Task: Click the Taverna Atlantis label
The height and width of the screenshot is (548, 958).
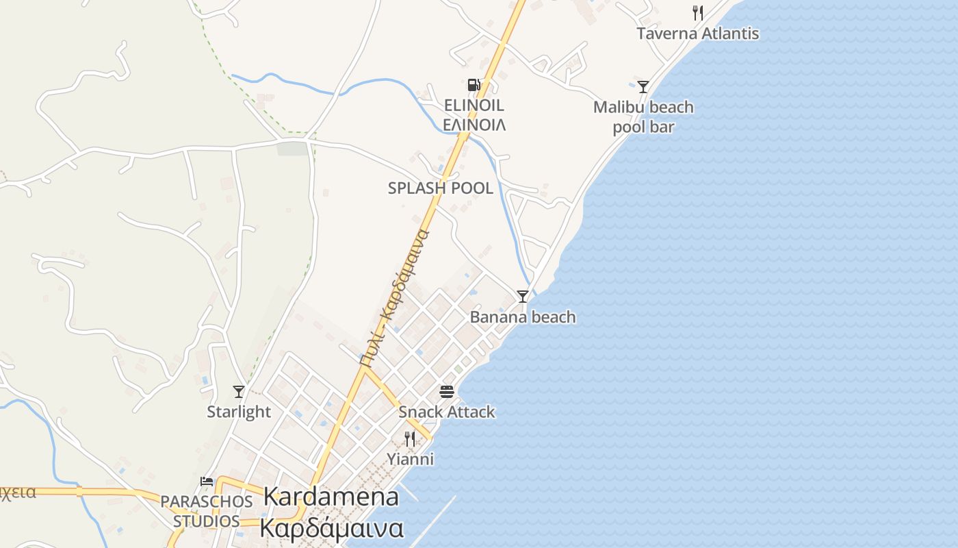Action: (x=697, y=34)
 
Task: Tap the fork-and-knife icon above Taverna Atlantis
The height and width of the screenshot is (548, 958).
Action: (x=697, y=12)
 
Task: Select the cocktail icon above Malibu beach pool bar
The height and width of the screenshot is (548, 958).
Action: (x=643, y=86)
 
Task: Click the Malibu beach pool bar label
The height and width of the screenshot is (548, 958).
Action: (x=643, y=117)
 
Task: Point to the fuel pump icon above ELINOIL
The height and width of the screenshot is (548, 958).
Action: (x=474, y=85)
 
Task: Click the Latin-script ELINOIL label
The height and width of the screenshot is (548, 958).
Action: (x=474, y=105)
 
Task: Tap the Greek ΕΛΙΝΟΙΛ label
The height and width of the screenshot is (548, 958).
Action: (x=474, y=125)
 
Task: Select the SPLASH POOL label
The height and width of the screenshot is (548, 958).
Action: (x=440, y=188)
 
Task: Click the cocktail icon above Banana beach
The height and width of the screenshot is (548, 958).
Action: (x=523, y=296)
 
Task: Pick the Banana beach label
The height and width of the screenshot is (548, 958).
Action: (x=523, y=317)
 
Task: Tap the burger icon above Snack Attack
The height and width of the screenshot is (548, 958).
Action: (x=447, y=392)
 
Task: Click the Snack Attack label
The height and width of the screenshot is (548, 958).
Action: (x=447, y=412)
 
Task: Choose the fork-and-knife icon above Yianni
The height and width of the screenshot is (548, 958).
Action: (x=410, y=438)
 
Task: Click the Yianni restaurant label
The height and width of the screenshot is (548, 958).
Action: (x=410, y=459)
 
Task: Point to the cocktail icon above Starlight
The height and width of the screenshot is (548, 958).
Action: (x=239, y=391)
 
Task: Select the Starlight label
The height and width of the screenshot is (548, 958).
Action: (x=239, y=412)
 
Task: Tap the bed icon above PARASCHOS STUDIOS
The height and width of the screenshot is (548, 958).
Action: (x=207, y=482)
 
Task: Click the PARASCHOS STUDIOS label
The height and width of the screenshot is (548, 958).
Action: (x=206, y=511)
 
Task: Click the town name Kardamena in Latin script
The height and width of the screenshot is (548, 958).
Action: (x=331, y=497)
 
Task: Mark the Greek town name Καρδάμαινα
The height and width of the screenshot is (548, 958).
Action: (x=331, y=529)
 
